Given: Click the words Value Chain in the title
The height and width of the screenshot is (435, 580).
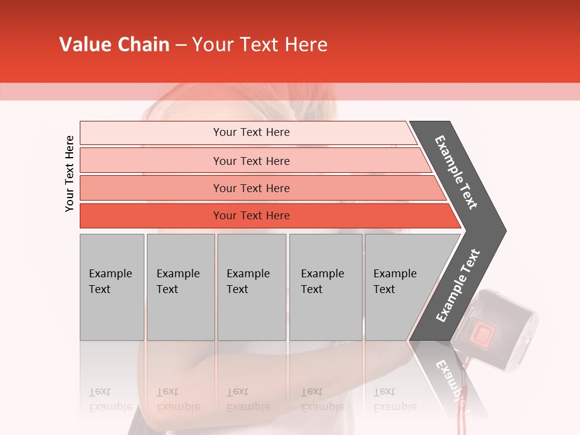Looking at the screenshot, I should point(114,45).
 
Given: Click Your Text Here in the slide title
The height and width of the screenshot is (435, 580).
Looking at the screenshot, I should point(260,45).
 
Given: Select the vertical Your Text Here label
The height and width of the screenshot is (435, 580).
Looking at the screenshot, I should point(69,173).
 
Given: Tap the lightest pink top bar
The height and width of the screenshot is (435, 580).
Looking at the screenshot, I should point(251,132).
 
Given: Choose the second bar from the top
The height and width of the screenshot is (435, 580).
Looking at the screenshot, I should point(251,161).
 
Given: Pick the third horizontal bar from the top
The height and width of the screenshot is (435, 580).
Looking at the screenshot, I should point(251,188).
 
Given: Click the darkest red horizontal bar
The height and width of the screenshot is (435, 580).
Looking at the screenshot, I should point(251,216).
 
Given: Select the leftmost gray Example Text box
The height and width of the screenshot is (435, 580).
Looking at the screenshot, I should point(112,287).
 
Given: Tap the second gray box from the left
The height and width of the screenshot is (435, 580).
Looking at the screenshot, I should point(180,287).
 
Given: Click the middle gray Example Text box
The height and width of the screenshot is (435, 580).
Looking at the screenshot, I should point(251,287).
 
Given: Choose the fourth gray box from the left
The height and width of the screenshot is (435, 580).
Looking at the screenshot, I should point(325,287).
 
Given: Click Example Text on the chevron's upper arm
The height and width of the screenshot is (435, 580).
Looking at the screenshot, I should point(457,172).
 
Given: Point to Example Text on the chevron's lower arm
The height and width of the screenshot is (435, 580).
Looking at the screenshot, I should point(458,286).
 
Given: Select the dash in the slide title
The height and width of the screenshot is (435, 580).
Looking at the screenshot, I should point(181,45).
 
